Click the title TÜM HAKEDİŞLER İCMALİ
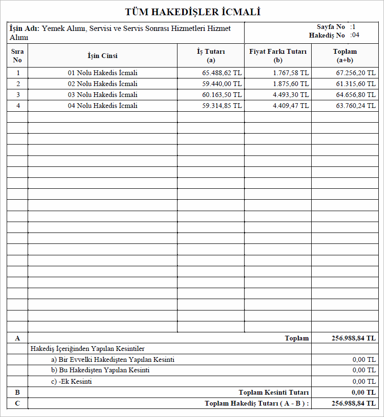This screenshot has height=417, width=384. (x=193, y=12)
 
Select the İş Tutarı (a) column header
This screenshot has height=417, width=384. (x=211, y=56)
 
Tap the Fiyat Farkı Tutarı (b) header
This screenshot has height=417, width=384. (x=278, y=56)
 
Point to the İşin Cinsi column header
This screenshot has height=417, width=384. (x=102, y=56)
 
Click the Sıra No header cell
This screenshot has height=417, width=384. (x=18, y=56)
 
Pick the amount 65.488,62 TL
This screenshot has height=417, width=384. (x=222, y=73)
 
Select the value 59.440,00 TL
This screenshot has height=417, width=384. (x=222, y=84)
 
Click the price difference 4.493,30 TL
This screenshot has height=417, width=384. (x=291, y=95)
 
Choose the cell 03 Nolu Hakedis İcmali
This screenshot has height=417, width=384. (x=102, y=95)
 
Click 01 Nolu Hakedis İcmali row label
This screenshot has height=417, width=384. (x=102, y=73)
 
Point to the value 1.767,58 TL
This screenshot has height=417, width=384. (x=291, y=73)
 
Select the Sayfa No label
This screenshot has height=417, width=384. (x=331, y=27)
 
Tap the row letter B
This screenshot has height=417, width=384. (x=18, y=392)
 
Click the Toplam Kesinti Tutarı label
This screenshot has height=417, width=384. (x=274, y=392)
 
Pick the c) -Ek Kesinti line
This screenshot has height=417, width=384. (x=71, y=381)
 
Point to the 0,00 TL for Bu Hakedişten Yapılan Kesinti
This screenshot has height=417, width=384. (x=364, y=370)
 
